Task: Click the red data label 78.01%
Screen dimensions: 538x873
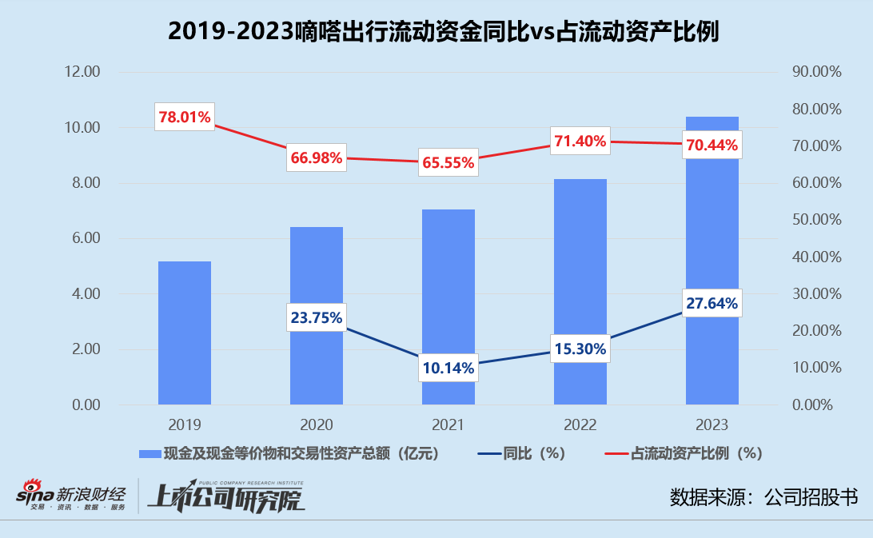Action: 185,118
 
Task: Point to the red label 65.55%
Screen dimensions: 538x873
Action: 448,162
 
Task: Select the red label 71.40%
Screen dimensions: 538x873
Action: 580,141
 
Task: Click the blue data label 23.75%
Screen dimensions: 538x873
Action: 316,317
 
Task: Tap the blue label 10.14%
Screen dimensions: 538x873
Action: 448,368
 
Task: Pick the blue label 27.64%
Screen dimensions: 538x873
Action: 712,303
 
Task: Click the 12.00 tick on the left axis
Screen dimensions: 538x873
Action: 82,72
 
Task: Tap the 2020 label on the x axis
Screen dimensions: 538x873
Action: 317,424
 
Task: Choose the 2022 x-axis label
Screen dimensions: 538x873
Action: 580,424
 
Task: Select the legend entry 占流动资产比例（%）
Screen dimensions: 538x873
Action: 696,453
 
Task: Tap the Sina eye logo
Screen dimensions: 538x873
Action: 32,487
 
